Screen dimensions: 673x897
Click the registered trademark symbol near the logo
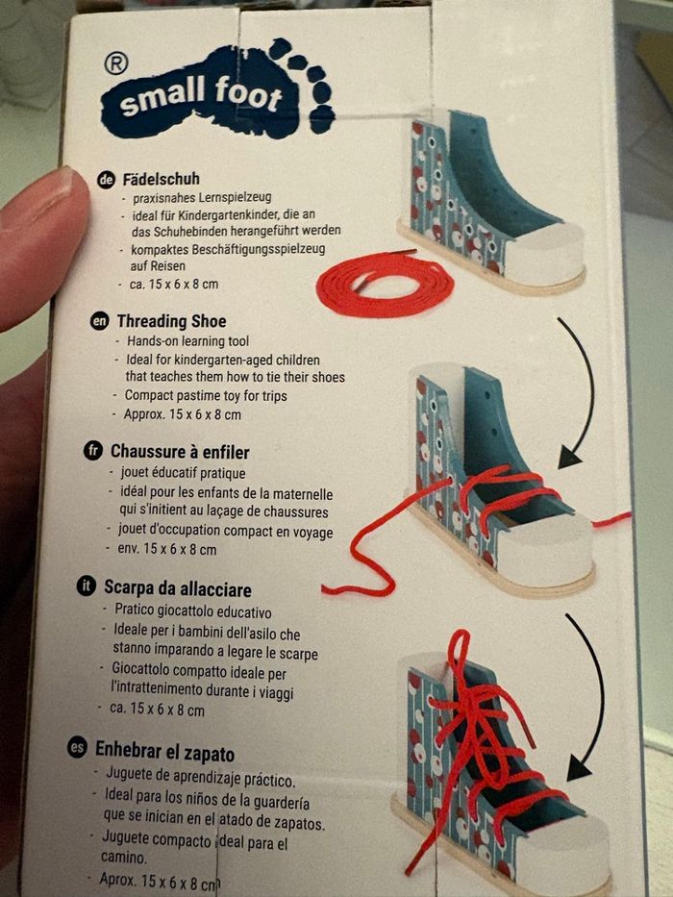pyautogui.click(x=115, y=63)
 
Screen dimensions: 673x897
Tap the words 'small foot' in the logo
pyautogui.click(x=201, y=95)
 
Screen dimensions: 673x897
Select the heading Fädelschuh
pyautogui.click(x=161, y=179)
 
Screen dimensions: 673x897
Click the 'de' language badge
pyautogui.click(x=106, y=180)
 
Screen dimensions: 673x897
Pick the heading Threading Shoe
pyautogui.click(x=172, y=321)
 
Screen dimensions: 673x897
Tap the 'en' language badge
pyautogui.click(x=99, y=321)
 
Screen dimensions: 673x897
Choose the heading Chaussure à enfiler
pyautogui.click(x=180, y=452)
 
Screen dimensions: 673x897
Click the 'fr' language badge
pyautogui.click(x=92, y=451)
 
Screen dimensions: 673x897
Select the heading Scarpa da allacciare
pyautogui.click(x=178, y=588)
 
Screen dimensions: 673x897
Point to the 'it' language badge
pyautogui.click(x=86, y=586)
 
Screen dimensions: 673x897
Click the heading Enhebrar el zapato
pyautogui.click(x=164, y=752)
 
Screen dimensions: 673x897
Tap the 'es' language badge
pyautogui.click(x=77, y=747)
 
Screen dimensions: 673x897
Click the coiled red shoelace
pyautogui.click(x=385, y=285)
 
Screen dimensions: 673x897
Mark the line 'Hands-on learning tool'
pyautogui.click(x=187, y=341)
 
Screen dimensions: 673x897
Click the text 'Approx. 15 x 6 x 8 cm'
pyautogui.click(x=182, y=414)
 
